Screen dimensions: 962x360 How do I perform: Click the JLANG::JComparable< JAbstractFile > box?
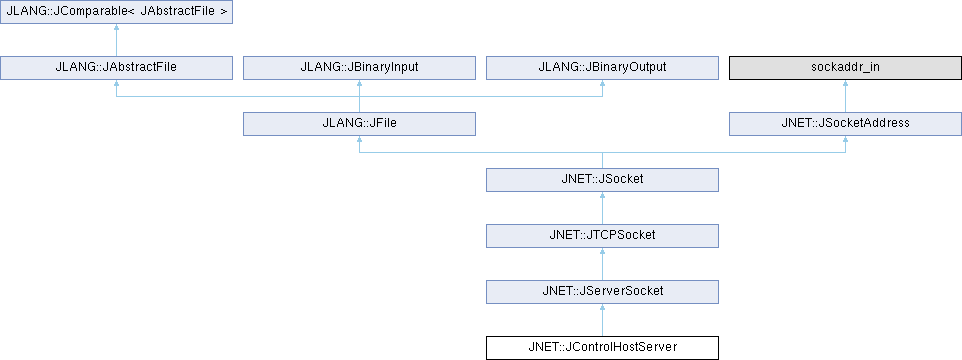[117, 12]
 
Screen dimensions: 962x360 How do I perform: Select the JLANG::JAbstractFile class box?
[117, 67]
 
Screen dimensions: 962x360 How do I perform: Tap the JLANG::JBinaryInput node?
[359, 67]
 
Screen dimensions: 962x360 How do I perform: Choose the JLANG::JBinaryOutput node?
[602, 67]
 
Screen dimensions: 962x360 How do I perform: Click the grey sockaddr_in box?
[845, 67]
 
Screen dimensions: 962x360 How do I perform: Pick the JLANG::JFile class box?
[359, 123]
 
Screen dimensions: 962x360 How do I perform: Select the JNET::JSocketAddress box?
[845, 123]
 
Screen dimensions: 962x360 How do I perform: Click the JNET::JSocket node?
[602, 180]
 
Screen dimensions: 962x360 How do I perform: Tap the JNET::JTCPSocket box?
[602, 236]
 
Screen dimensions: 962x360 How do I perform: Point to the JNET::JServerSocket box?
[602, 291]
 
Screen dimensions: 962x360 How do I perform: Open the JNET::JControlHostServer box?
[602, 348]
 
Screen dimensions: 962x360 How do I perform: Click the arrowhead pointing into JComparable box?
[117, 28]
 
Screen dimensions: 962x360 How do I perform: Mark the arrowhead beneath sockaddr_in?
[845, 84]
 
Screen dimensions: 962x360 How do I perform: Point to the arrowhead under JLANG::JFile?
[359, 140]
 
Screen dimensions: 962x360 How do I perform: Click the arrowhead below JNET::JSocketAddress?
[845, 140]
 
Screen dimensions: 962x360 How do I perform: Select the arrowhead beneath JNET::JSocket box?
[602, 196]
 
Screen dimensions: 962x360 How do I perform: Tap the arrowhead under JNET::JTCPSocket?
[602, 252]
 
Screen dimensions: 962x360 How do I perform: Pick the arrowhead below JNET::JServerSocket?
[602, 308]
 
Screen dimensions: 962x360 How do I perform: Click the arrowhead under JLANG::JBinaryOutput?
[602, 84]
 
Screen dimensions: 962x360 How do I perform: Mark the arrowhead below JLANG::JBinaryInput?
[359, 84]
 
